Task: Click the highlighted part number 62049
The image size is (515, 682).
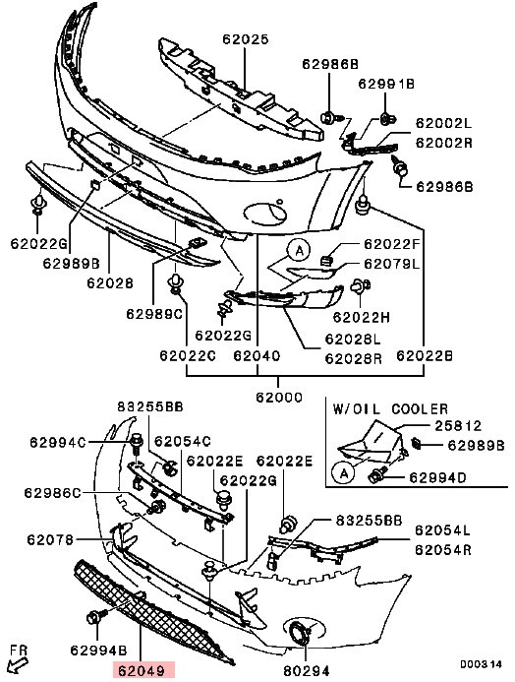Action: (143, 670)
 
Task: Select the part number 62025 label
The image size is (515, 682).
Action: (246, 39)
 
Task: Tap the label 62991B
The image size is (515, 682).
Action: (386, 84)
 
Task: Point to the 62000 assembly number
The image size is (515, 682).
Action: (279, 398)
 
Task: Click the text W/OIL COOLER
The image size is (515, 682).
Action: (390, 409)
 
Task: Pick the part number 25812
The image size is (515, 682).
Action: (458, 425)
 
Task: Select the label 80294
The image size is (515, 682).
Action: (307, 670)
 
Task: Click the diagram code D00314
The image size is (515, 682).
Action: (481, 664)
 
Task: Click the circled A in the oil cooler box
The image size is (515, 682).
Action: (344, 472)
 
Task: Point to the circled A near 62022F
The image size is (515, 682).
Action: (299, 251)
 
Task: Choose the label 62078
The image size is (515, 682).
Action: (50, 539)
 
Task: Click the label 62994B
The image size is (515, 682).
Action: (98, 651)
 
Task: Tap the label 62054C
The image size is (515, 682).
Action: (183, 442)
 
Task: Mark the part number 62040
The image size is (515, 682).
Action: (257, 356)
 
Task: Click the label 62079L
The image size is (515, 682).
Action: (392, 264)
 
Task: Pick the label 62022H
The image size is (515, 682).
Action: (362, 318)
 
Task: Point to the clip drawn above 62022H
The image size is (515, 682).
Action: (360, 286)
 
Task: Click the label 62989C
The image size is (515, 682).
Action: (154, 313)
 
